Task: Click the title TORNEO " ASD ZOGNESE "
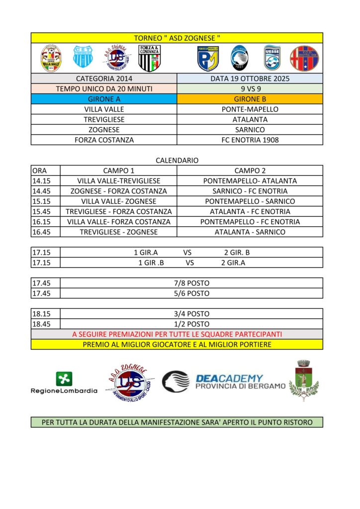(177, 38)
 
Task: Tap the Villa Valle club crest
(51, 59)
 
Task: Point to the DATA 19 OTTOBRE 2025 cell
(250, 79)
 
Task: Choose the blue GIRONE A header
(104, 99)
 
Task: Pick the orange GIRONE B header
(250, 99)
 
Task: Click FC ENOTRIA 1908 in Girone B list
(250, 140)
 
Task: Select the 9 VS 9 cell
(250, 89)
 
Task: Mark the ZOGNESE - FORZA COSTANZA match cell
(119, 191)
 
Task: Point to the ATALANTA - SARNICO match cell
(250, 232)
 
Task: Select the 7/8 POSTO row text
(191, 283)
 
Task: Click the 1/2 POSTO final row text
(191, 324)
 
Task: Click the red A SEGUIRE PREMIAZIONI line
(177, 334)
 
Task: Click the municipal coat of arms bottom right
(304, 380)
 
